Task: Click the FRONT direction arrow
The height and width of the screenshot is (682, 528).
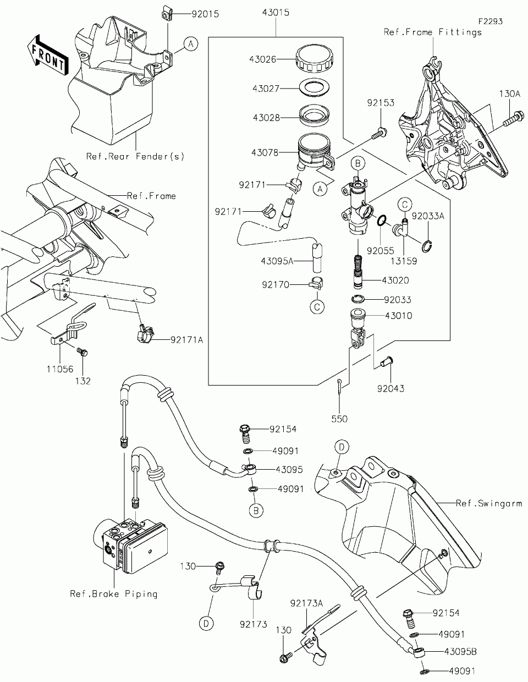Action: (x=48, y=55)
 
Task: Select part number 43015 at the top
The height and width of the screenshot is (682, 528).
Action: (x=276, y=13)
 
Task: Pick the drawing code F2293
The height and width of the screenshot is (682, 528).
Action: (x=491, y=21)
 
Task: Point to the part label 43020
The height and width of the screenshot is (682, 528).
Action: (x=395, y=280)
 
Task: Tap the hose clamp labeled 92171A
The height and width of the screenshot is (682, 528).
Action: (x=146, y=334)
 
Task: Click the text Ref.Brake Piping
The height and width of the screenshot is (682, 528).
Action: (x=113, y=594)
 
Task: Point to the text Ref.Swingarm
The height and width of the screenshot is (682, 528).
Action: (x=489, y=503)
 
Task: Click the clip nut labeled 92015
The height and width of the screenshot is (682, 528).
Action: (x=166, y=15)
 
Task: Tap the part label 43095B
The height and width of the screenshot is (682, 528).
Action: (x=460, y=652)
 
